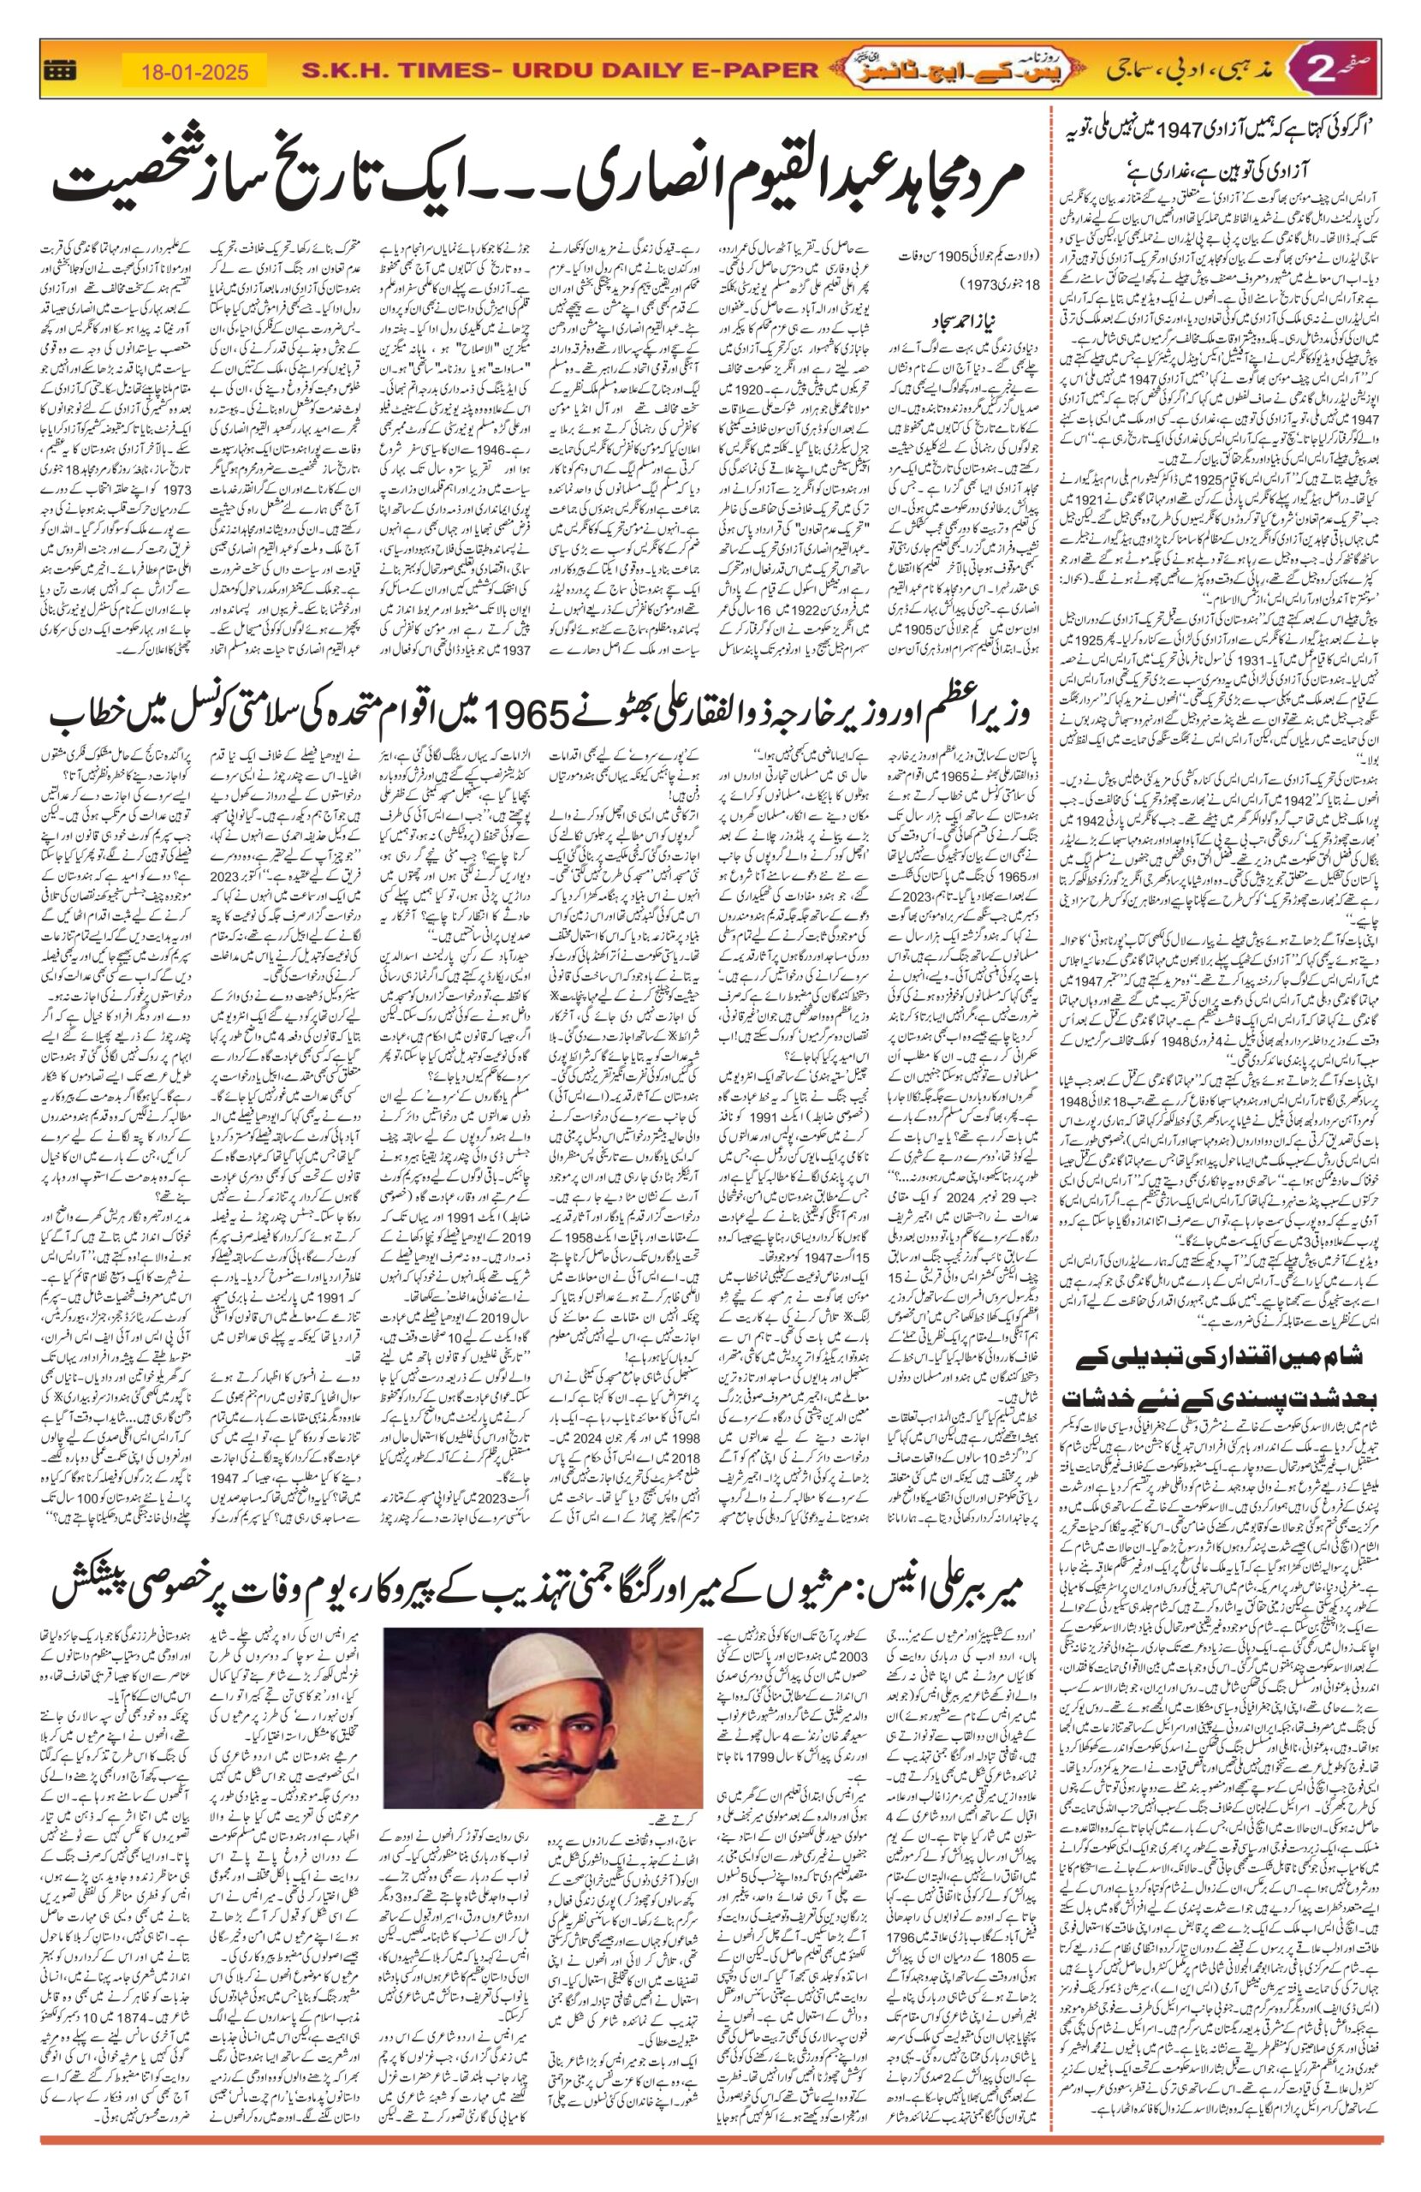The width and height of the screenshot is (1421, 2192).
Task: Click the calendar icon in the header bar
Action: tap(62, 70)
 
